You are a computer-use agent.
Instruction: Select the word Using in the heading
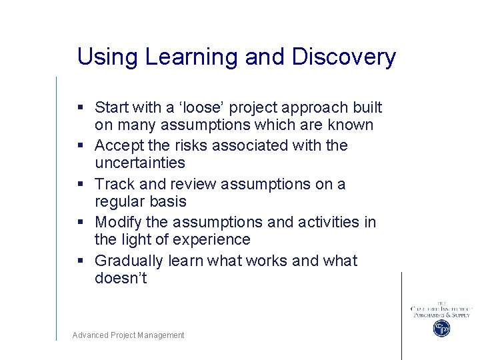point(107,57)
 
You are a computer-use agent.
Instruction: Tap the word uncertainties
point(140,163)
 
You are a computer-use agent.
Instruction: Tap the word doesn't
point(121,279)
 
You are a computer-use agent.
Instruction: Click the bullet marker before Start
point(79,108)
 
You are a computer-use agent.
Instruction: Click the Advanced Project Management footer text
point(129,335)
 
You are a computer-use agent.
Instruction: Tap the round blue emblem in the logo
point(441,328)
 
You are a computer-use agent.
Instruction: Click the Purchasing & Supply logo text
point(441,315)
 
